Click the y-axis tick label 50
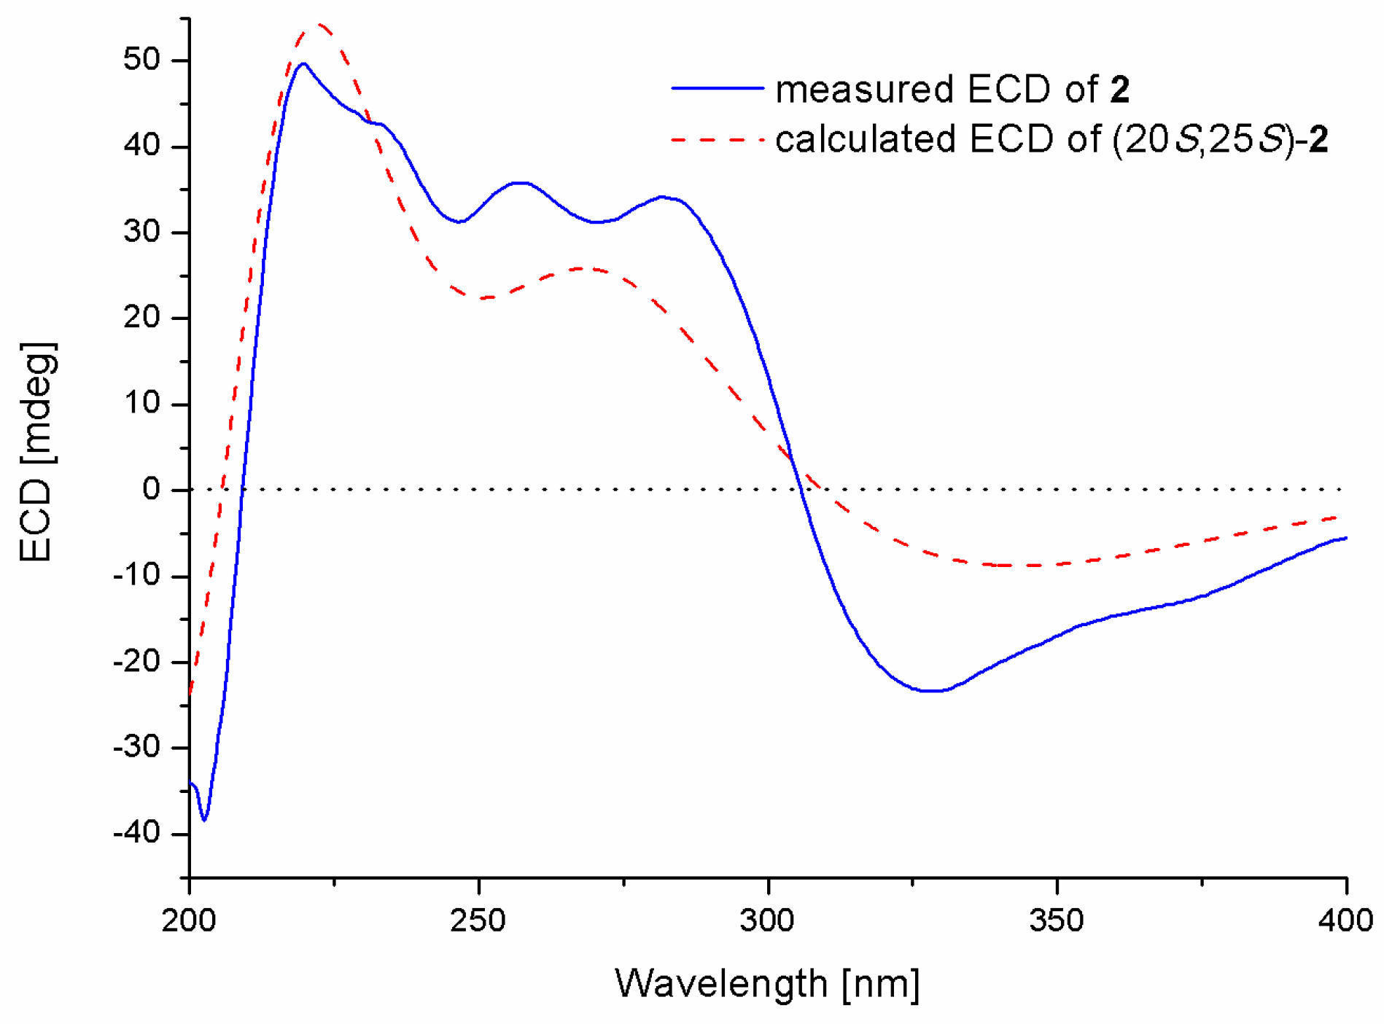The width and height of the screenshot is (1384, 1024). click(x=141, y=60)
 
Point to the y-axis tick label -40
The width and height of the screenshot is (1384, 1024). click(x=136, y=832)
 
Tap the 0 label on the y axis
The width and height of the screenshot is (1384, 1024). click(x=152, y=489)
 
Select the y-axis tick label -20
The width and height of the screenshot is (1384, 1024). click(x=136, y=661)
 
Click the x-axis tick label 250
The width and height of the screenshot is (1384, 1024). click(x=478, y=921)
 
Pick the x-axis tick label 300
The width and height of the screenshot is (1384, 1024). click(x=767, y=921)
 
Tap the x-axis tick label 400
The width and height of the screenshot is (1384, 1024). click(x=1345, y=921)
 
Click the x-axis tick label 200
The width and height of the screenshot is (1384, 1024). click(x=189, y=921)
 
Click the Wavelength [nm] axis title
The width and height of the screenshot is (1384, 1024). click(x=767, y=984)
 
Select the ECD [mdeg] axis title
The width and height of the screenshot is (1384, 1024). click(x=36, y=452)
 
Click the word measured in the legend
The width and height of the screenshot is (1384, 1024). click(x=864, y=90)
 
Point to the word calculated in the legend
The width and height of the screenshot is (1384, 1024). click(x=866, y=139)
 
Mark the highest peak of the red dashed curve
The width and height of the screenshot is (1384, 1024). click(x=319, y=25)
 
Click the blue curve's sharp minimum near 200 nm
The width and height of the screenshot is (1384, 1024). click(x=204, y=820)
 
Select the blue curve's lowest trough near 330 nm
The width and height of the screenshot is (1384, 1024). click(x=932, y=690)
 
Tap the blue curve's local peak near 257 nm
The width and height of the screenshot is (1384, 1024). click(x=519, y=183)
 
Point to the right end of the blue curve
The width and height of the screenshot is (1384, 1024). click(x=1345, y=538)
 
